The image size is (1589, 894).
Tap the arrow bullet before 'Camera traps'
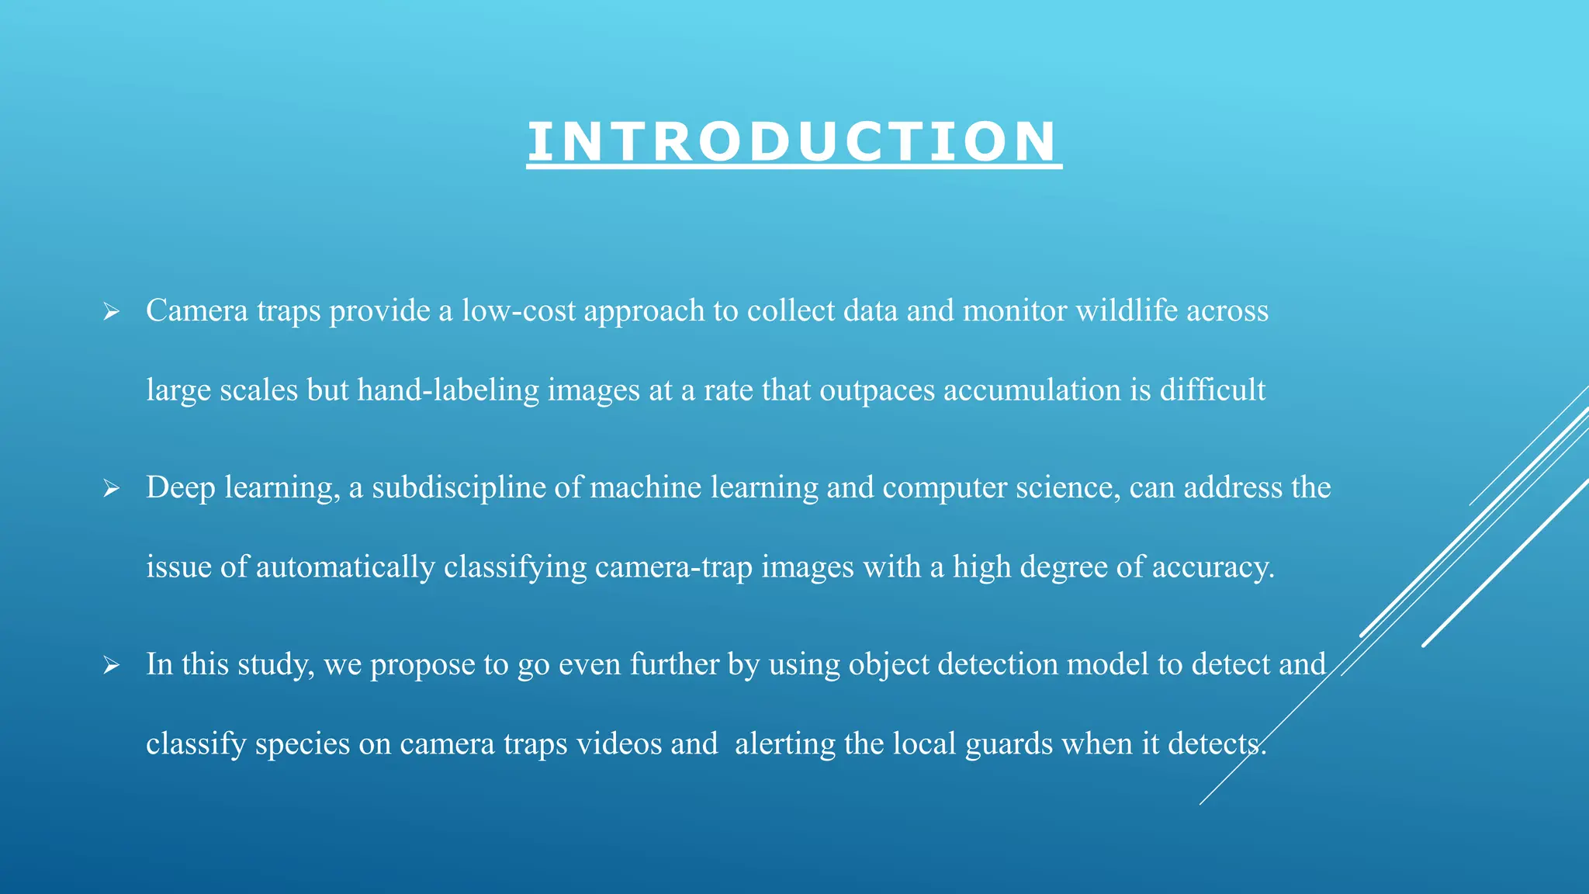click(x=111, y=313)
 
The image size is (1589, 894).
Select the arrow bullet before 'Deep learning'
click(x=111, y=489)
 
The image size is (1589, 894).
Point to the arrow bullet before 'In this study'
click(x=111, y=666)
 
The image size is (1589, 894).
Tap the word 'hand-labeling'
click(x=448, y=390)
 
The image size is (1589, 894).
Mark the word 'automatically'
click(x=345, y=567)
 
